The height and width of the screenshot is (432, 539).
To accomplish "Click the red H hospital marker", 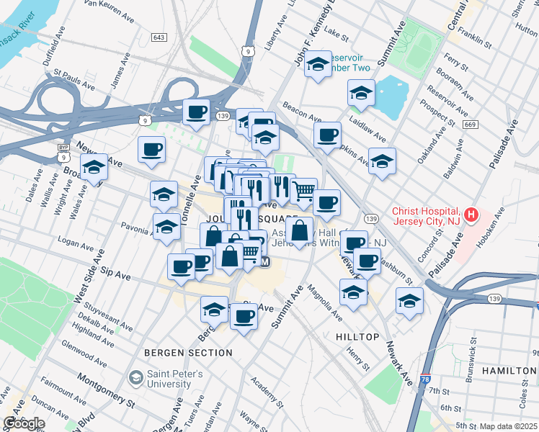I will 471,214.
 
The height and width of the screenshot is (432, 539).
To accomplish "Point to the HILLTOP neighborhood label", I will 357,337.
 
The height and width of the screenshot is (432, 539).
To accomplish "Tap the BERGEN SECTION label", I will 188,353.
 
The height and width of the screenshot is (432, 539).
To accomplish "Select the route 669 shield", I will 470,125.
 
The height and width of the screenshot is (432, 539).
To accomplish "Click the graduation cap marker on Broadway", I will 94,168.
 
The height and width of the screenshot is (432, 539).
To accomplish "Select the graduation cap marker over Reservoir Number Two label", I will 318,64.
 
